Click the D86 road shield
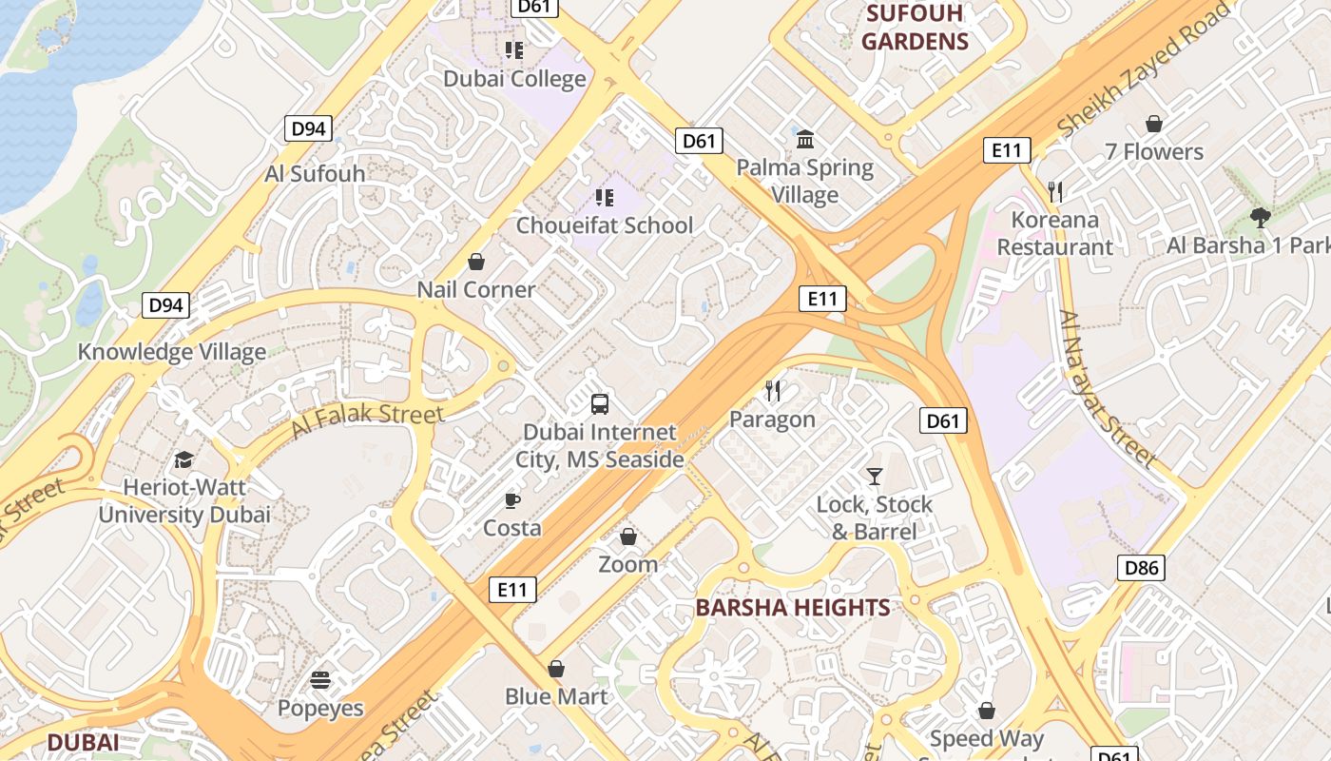pos(1141,568)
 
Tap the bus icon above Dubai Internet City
pos(600,403)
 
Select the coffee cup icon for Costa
pos(512,500)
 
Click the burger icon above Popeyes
pos(320,680)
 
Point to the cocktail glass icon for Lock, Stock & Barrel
pos(875,476)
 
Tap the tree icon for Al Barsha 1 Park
pos(1261,218)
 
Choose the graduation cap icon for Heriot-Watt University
pos(183,459)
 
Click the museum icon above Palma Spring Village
pos(805,140)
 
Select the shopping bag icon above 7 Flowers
pos(1154,124)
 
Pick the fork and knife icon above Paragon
pos(773,390)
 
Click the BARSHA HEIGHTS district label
pos(793,608)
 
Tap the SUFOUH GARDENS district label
pos(915,28)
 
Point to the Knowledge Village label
pos(172,352)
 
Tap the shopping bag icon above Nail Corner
pos(476,262)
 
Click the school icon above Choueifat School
pos(604,198)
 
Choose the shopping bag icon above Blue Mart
pos(556,669)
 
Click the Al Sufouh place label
pos(315,173)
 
